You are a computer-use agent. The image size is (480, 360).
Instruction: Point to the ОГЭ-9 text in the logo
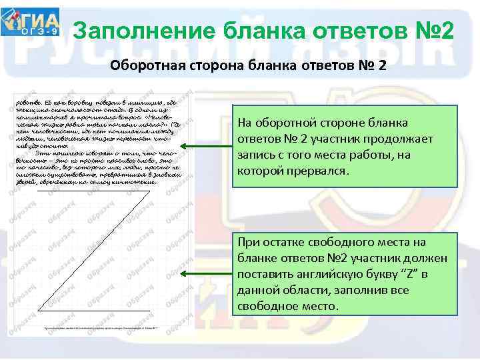click(x=41, y=31)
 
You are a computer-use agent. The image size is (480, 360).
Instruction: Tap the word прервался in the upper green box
click(x=315, y=171)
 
